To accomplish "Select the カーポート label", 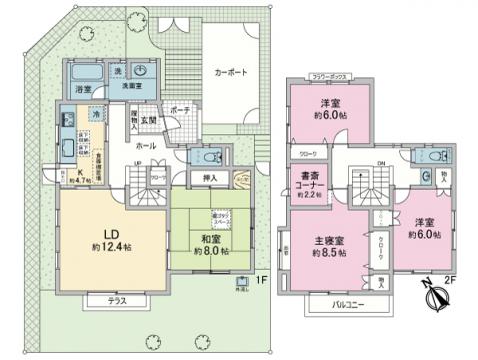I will pyautogui.click(x=230, y=73).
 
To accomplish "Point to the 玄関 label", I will pyautogui.click(x=176, y=120).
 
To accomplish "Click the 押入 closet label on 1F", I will pyautogui.click(x=210, y=179).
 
